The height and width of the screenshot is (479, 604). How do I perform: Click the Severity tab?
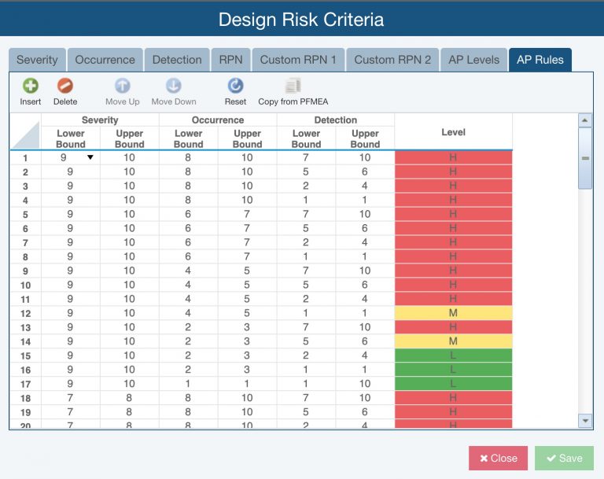37,60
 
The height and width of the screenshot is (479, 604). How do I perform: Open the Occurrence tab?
105,60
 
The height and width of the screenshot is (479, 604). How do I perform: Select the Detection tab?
177,60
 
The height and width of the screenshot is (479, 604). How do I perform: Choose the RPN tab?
230,60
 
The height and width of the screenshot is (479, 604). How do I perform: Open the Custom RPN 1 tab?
298,60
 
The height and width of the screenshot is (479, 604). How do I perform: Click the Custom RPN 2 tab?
392,60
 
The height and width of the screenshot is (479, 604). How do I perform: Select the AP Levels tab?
473,60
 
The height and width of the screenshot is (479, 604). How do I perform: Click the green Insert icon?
31,87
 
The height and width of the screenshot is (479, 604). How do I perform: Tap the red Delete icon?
65,87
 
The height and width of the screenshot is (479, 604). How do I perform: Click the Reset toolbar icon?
235,87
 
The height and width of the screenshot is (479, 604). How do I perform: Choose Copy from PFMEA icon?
293,87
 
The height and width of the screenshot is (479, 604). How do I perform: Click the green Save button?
564,459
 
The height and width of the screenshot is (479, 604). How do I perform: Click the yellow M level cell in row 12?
453,313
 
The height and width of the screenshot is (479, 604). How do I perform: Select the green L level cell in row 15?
453,356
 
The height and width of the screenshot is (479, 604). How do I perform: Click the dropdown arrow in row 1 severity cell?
90,157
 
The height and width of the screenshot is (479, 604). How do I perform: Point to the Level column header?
453,132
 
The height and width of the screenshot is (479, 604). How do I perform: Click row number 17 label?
25,384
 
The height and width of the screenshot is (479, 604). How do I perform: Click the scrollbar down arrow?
584,421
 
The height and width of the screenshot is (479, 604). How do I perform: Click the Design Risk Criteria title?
301,19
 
